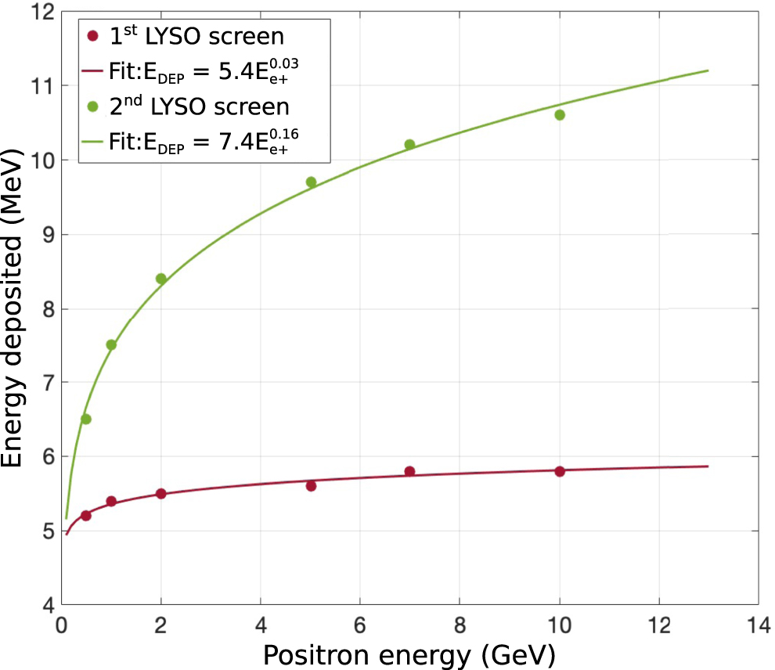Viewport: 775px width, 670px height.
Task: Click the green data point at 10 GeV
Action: pos(559,115)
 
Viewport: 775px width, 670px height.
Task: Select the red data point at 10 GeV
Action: pos(559,471)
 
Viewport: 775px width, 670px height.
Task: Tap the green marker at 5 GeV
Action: pos(311,182)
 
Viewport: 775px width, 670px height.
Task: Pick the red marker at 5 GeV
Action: pos(311,486)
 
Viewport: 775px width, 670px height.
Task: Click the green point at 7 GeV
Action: pos(409,145)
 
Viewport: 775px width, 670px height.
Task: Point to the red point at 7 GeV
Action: pos(409,471)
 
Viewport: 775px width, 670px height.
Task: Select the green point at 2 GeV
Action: pos(161,279)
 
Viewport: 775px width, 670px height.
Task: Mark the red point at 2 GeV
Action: pos(161,494)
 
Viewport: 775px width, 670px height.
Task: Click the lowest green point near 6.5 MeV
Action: pos(86,420)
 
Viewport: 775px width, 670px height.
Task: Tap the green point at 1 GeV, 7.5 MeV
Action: pos(111,345)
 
